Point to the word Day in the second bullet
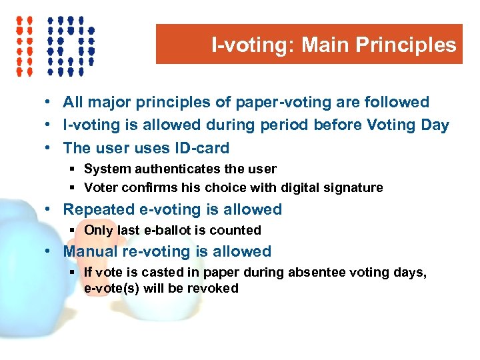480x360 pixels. [x=435, y=125]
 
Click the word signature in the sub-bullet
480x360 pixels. [x=357, y=188]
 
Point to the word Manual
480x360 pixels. [x=88, y=252]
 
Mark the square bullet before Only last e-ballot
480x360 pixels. [x=74, y=231]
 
